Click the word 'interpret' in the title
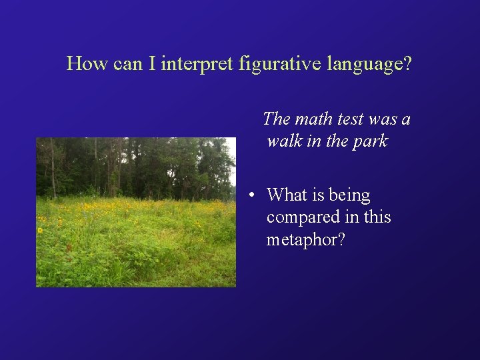197,64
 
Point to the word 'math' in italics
313,119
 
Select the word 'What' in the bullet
286,195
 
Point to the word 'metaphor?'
306,240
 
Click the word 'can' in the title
124,64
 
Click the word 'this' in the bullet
377,217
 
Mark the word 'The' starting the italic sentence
277,119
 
